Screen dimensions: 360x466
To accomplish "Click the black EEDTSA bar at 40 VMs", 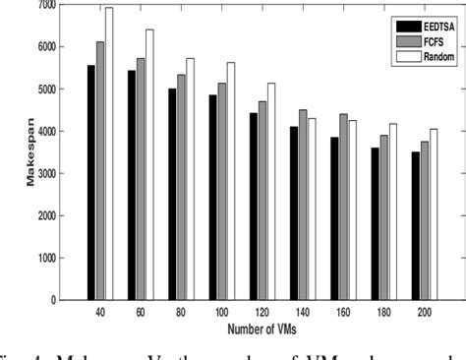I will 91,182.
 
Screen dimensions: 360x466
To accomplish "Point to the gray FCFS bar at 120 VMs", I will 262,201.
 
